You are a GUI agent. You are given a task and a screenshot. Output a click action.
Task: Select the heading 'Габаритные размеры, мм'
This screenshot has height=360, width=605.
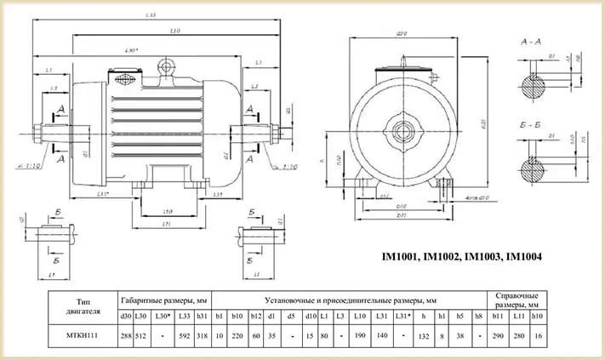pyautogui.click(x=164, y=300)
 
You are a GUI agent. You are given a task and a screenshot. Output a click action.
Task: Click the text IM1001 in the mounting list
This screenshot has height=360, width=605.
pyautogui.click(x=397, y=256)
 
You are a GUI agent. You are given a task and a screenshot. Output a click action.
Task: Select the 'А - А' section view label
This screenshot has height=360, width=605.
pyautogui.click(x=532, y=41)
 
